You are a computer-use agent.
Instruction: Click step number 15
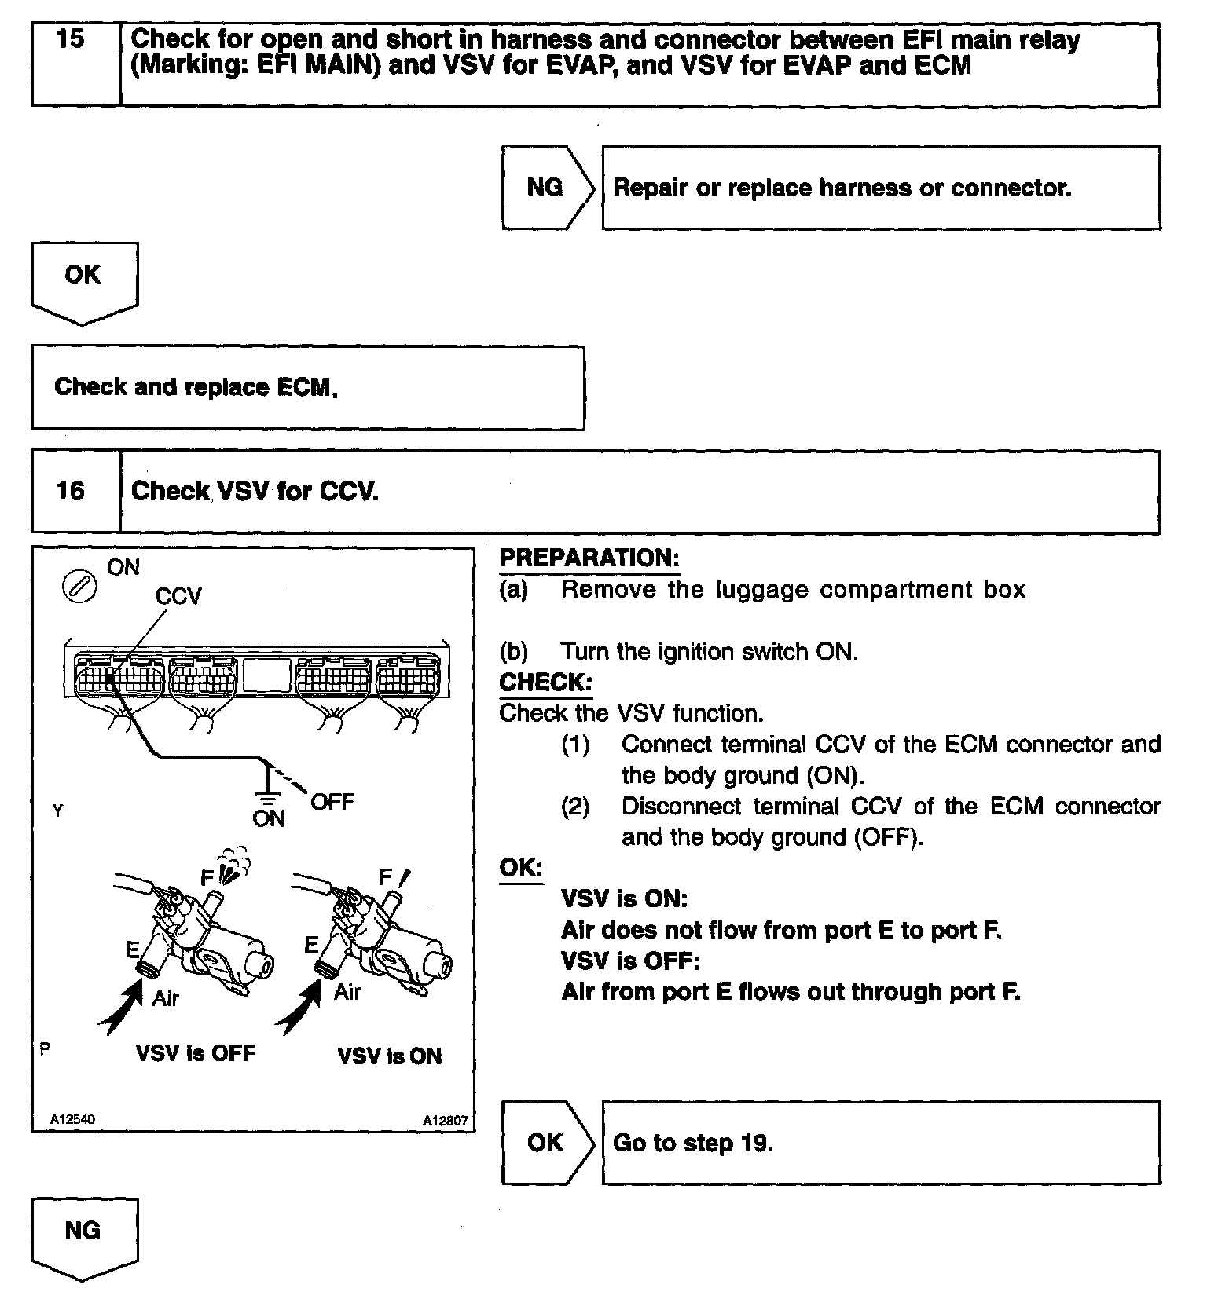(71, 39)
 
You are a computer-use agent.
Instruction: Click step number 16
(71, 491)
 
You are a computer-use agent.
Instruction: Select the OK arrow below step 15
(83, 279)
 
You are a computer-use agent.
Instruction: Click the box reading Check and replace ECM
(307, 388)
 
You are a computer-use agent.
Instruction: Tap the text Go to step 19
(693, 1143)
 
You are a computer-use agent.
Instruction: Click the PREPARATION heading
(589, 558)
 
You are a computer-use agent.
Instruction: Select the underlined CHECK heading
(545, 682)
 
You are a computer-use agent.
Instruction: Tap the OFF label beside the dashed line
(332, 802)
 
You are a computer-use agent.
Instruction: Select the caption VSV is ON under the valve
(390, 1056)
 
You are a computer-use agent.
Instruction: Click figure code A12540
(72, 1119)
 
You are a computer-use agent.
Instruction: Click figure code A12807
(445, 1121)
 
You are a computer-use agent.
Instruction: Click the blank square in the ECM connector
(267, 675)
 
